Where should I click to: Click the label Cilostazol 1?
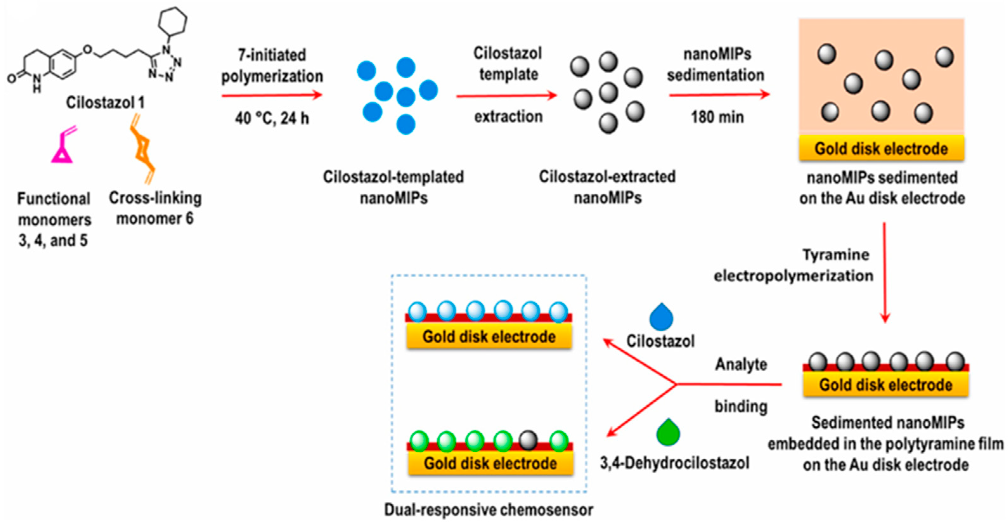pyautogui.click(x=105, y=102)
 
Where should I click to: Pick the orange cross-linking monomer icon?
pyautogui.click(x=143, y=149)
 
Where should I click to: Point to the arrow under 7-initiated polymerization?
pyautogui.click(x=272, y=95)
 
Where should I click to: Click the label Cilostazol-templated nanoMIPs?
pyautogui.click(x=393, y=187)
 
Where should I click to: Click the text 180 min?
pyautogui.click(x=717, y=117)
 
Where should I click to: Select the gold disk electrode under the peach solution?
pyautogui.click(x=881, y=148)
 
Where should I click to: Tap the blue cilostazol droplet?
pyautogui.click(x=661, y=317)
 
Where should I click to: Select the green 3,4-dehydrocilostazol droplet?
pyautogui.click(x=668, y=433)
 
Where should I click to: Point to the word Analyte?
pyautogui.click(x=741, y=364)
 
